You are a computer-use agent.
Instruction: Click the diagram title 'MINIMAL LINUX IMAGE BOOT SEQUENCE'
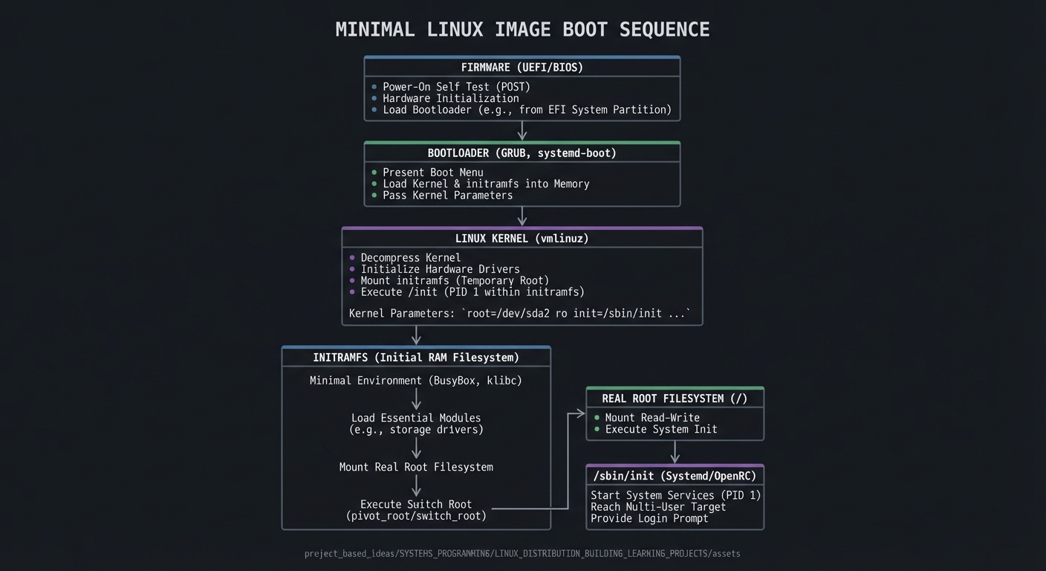tap(522, 30)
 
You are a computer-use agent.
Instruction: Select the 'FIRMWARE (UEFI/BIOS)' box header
tap(522, 68)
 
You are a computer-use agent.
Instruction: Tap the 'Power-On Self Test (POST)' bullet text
tap(456, 87)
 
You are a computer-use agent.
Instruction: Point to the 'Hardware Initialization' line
tap(450, 98)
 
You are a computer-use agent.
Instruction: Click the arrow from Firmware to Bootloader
tap(522, 131)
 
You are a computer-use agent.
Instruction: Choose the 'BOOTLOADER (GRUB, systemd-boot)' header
tap(522, 153)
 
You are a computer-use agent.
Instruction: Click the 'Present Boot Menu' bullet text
tap(432, 172)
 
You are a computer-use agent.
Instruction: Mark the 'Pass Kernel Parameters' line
tap(447, 196)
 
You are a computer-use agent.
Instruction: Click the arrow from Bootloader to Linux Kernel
tap(522, 216)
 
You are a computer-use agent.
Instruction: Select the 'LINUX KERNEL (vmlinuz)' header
tap(522, 239)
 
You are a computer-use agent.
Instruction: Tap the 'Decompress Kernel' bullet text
tap(410, 258)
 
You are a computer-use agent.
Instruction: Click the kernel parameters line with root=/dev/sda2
tap(519, 314)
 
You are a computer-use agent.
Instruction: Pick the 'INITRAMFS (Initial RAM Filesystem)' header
tap(416, 358)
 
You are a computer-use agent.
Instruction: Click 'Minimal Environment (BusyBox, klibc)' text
tap(416, 381)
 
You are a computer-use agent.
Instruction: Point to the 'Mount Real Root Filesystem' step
tap(416, 468)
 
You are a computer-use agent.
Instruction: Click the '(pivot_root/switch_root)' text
tap(416, 516)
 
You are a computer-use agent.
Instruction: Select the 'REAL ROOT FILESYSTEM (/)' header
tap(675, 399)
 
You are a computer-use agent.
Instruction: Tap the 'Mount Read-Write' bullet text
tap(652, 418)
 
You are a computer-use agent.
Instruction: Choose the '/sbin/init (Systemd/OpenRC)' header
tap(675, 476)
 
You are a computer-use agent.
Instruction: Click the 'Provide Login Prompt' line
tap(649, 518)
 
